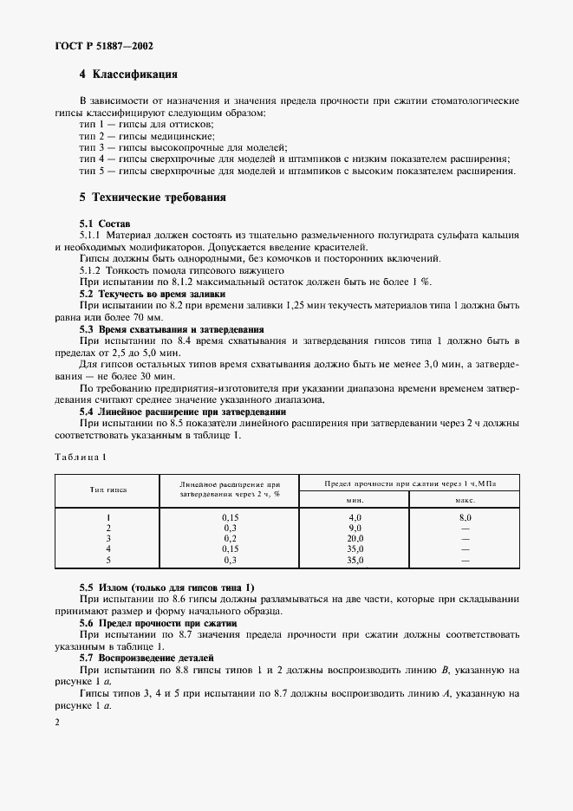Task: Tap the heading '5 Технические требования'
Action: [x=153, y=198]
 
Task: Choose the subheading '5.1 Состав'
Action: [x=105, y=224]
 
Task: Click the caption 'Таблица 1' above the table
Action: [x=80, y=456]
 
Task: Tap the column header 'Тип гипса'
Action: [x=108, y=490]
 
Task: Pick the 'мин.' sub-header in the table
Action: [x=355, y=500]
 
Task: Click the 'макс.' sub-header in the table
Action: [x=465, y=500]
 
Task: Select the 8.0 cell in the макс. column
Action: [x=465, y=516]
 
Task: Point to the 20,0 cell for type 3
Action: [x=355, y=538]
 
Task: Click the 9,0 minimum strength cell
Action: [x=355, y=527]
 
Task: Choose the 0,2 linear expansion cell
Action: [x=230, y=538]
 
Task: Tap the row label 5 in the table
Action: [x=108, y=560]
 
